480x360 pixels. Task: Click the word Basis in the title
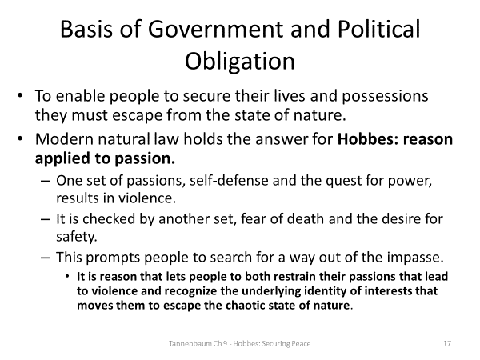(x=89, y=30)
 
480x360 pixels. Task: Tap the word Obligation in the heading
(x=240, y=62)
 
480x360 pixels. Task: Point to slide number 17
(x=447, y=343)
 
